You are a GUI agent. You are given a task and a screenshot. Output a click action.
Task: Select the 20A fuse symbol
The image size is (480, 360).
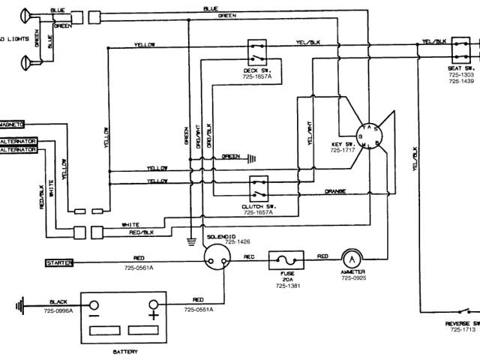287,259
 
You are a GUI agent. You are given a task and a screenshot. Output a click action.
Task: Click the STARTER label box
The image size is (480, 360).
59,262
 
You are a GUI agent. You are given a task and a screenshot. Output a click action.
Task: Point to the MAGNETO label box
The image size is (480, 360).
13,124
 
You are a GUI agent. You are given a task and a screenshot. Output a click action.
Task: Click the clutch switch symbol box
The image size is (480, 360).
259,184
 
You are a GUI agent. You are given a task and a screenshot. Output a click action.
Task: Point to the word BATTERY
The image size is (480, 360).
124,350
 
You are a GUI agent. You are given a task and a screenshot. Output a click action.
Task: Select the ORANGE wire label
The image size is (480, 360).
336,192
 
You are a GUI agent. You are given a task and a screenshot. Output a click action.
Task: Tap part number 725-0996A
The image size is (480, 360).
58,310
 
